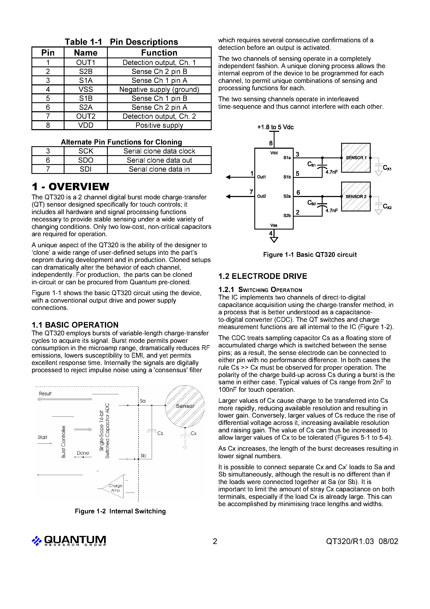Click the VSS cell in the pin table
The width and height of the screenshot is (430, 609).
86,89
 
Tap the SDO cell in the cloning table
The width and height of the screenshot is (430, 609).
86,160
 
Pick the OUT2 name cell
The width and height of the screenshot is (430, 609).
86,116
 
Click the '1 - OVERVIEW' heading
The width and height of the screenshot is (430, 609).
70,187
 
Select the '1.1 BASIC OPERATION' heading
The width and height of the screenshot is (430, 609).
75,325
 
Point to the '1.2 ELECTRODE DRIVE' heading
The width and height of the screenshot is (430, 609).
262,276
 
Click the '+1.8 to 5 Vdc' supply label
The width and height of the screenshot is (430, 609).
275,127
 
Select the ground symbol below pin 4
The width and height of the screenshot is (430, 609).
274,240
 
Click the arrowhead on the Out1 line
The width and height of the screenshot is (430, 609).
228,177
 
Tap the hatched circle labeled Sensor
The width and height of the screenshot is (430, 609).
185,406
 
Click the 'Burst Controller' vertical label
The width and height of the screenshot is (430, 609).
63,442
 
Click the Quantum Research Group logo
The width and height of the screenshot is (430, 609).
69,540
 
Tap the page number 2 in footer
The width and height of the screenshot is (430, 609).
215,541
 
